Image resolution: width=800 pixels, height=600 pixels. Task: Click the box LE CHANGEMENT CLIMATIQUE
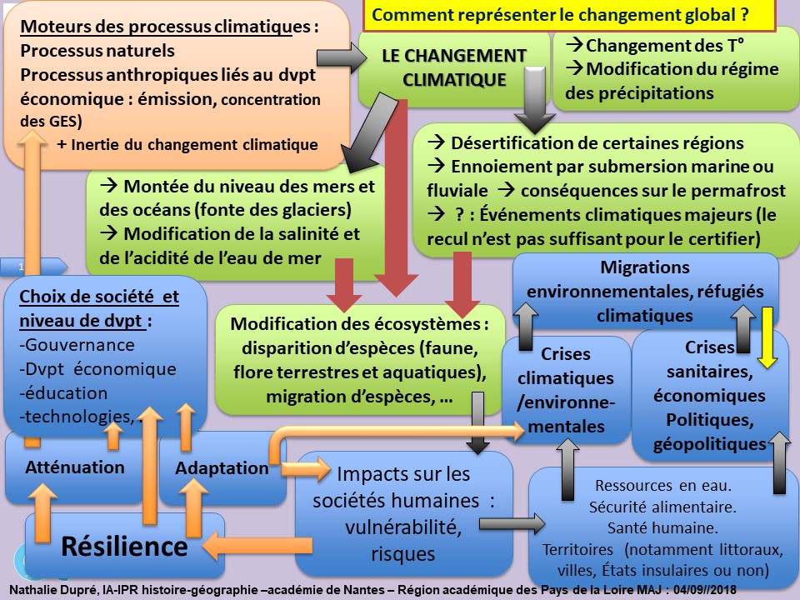pos(454,67)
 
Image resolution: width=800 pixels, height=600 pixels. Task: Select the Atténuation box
pos(74,467)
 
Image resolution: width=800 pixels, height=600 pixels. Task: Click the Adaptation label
pos(222,467)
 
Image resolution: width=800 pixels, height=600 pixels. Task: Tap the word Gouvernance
pos(80,345)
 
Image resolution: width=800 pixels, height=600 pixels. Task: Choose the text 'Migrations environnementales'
pos(646,281)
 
